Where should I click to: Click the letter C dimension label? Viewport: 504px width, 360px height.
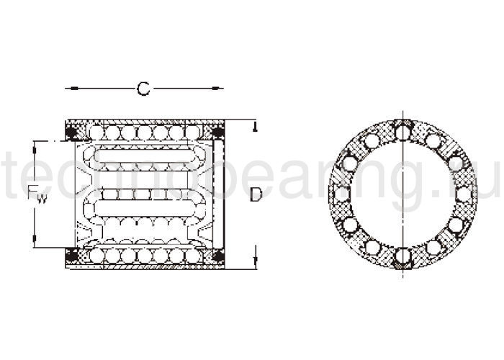(x=144, y=89)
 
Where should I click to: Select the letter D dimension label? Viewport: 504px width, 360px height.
(x=256, y=194)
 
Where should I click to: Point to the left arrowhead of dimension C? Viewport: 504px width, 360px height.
(x=69, y=89)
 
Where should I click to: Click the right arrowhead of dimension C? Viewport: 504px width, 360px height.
(x=219, y=89)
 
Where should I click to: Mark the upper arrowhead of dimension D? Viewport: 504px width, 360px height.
(x=255, y=127)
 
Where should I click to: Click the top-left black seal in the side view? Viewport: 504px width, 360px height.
(x=72, y=132)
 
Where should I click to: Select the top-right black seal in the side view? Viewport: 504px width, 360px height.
(x=217, y=132)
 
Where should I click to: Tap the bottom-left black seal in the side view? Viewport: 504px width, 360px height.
(x=72, y=255)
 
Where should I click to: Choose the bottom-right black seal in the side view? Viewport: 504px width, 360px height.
(x=217, y=255)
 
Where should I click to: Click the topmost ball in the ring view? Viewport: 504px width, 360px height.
(x=403, y=132)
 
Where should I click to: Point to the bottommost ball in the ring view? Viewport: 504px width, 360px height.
(x=403, y=256)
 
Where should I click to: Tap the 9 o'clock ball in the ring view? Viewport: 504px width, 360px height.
(x=341, y=194)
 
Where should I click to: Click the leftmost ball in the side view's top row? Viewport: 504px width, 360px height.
(x=96, y=132)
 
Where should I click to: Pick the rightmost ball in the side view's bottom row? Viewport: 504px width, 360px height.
(x=192, y=255)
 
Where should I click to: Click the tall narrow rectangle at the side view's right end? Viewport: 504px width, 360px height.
(x=219, y=194)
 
